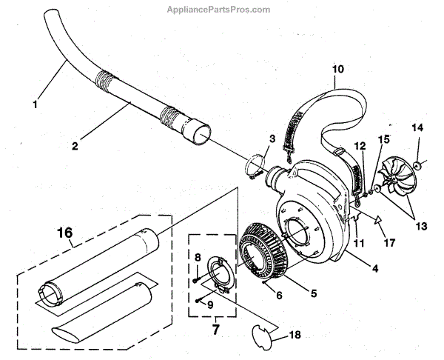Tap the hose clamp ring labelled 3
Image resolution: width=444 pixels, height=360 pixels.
pos(253,165)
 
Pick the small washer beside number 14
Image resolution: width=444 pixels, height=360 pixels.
pos(419,163)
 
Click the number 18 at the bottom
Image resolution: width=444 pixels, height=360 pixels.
pos(296,336)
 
